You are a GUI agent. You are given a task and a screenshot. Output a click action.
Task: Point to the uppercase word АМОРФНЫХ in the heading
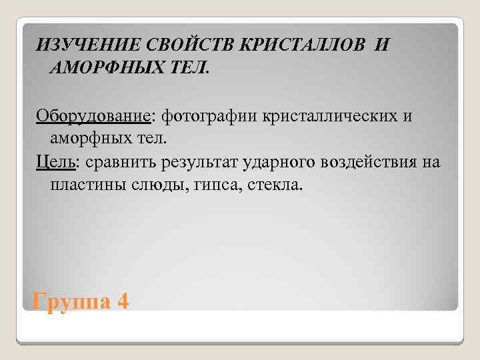coord(103,69)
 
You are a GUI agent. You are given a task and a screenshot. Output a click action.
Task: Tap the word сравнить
coord(121,163)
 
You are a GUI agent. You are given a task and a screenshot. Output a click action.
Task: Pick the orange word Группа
coord(69,302)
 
